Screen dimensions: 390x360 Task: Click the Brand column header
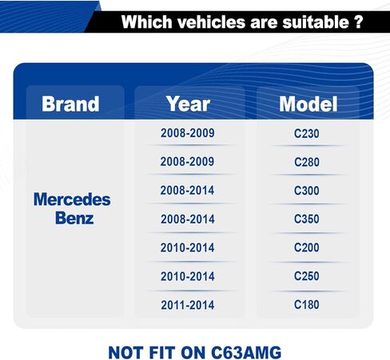[x=70, y=104]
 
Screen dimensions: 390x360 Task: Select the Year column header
[x=188, y=104]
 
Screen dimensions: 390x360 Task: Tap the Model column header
[x=308, y=104]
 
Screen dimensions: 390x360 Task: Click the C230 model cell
[x=307, y=133]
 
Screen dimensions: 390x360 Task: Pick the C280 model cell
[x=307, y=162]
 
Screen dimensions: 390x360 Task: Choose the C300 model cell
[x=307, y=191]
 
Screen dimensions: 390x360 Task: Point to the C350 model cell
[x=307, y=219]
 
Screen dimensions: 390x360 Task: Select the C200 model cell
[x=307, y=247]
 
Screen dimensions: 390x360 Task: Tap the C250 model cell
[x=307, y=276]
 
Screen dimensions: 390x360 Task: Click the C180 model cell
[x=307, y=305]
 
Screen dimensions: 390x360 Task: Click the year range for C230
[x=188, y=133]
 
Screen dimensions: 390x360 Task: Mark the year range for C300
[x=187, y=191]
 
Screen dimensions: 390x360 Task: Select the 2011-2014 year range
[x=188, y=305]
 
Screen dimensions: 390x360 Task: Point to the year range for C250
[x=188, y=276]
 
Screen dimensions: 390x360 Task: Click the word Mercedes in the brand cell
[x=72, y=200]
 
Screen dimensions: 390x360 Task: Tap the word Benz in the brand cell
[x=74, y=218]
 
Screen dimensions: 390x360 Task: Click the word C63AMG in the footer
[x=246, y=353]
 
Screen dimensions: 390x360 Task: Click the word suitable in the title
[x=316, y=22]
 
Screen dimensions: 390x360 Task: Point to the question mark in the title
[x=359, y=22]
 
